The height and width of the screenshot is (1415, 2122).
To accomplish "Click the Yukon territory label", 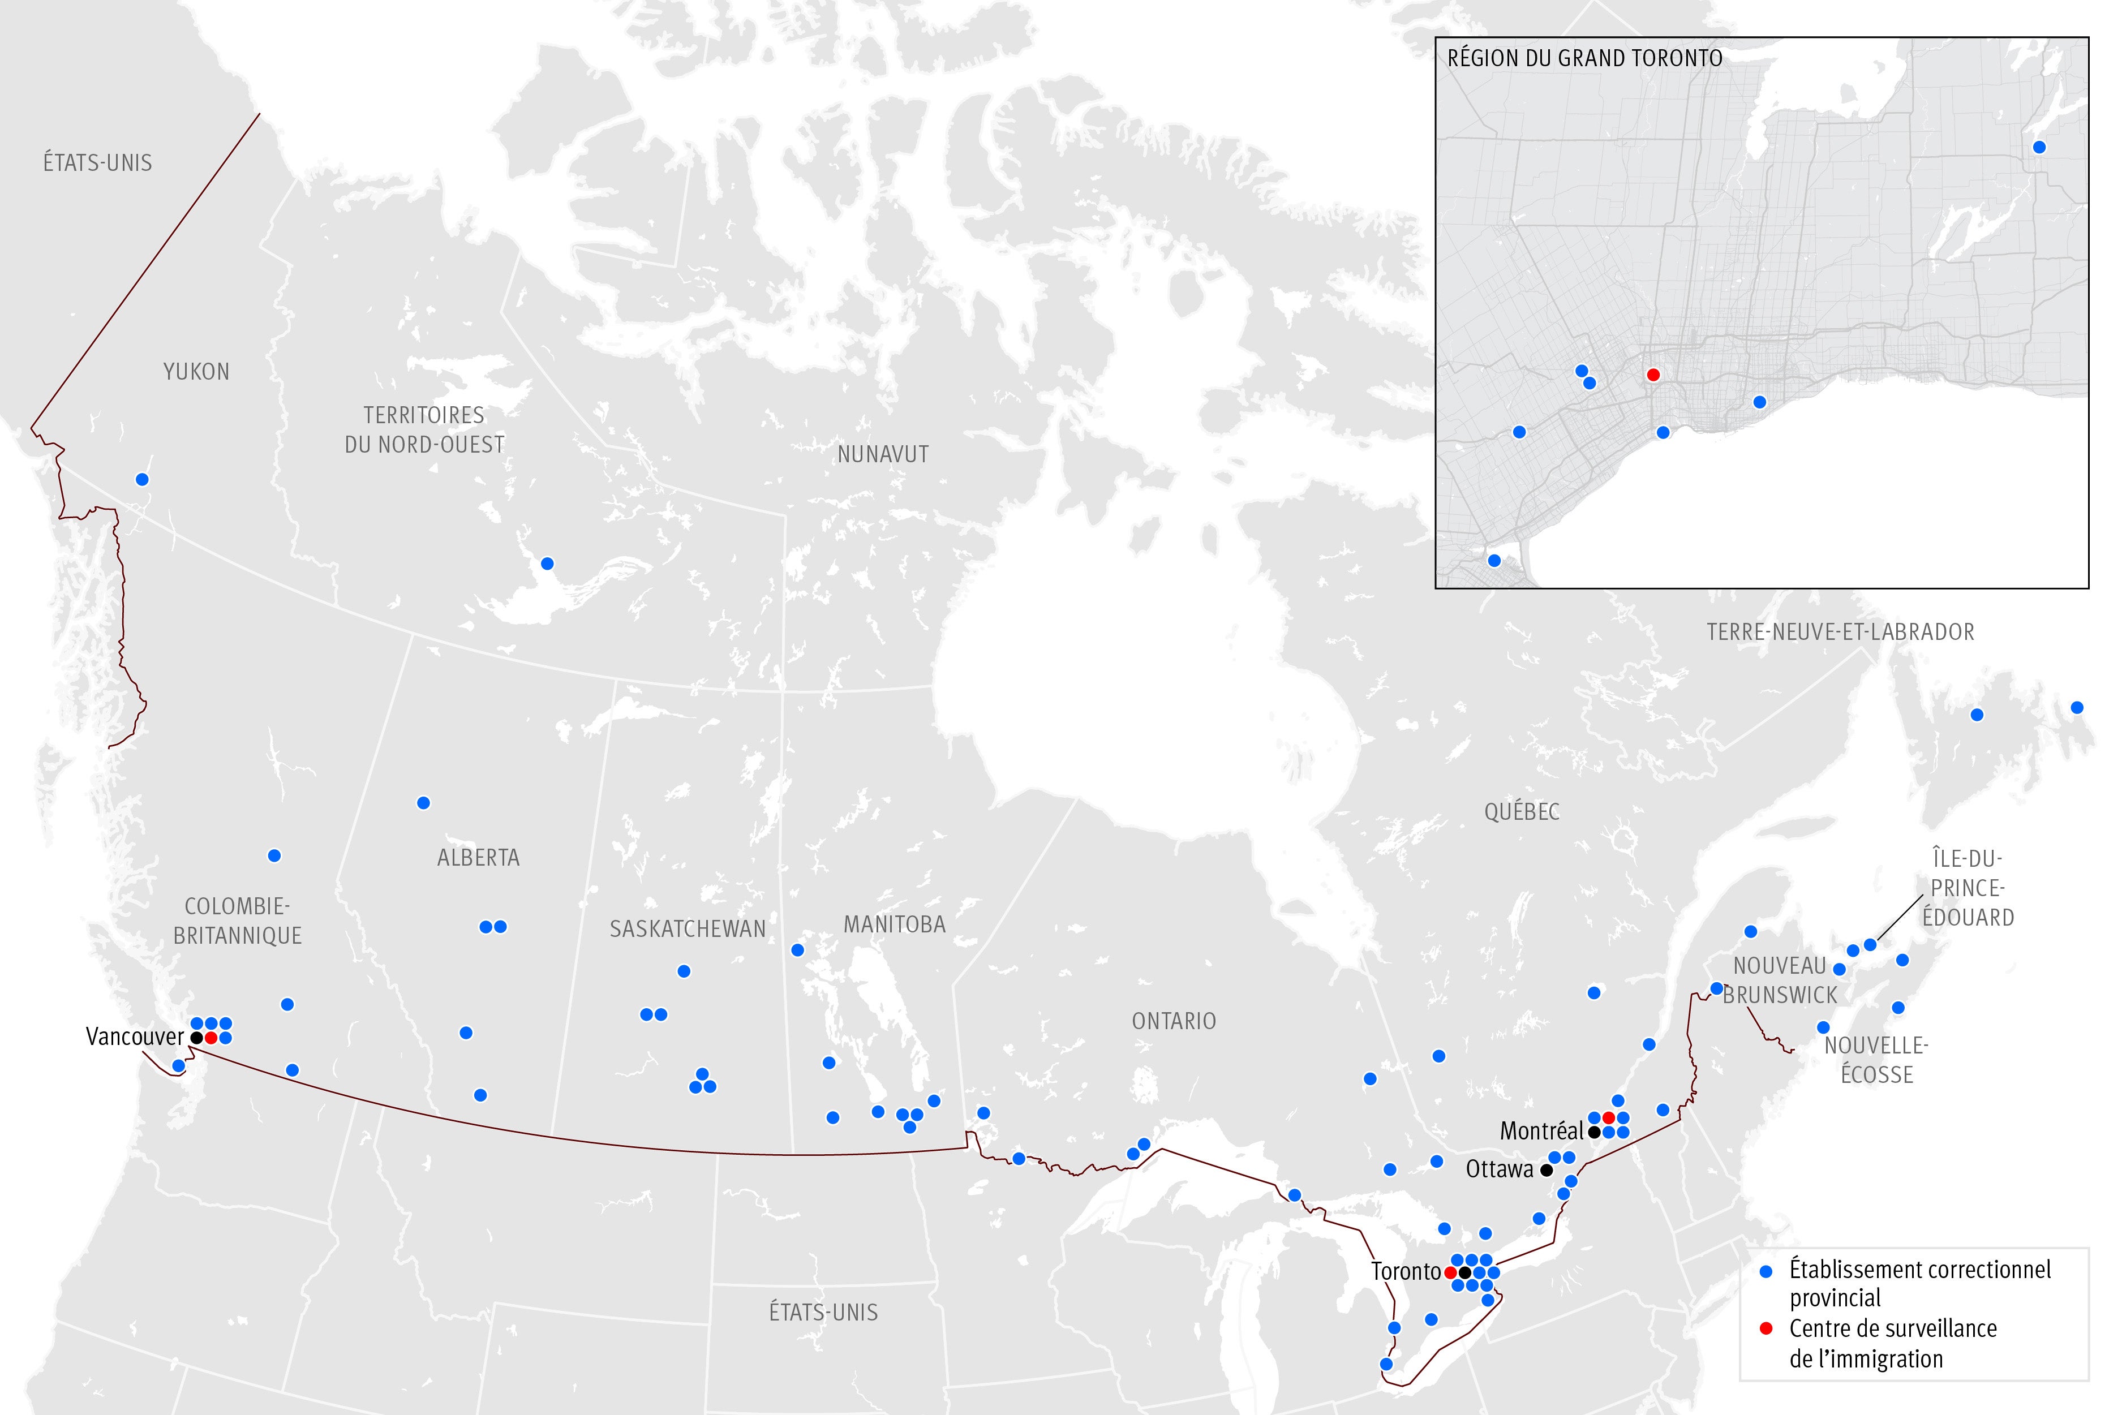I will pyautogui.click(x=196, y=372).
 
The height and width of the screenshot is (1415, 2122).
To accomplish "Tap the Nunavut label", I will pyautogui.click(x=883, y=455).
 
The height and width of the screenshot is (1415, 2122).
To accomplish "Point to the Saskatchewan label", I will pyautogui.click(x=687, y=928).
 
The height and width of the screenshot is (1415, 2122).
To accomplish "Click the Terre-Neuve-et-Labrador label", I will pyautogui.click(x=1840, y=632).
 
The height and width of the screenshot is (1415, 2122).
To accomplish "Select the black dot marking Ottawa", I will pyautogui.click(x=1546, y=1169).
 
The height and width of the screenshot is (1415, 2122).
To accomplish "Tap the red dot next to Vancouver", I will pyautogui.click(x=211, y=1038).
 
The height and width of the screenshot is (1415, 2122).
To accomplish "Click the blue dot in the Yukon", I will pyautogui.click(x=141, y=479).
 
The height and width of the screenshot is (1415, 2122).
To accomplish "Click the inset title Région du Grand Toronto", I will pyautogui.click(x=1584, y=59).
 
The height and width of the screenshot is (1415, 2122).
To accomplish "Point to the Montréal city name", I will pyautogui.click(x=1541, y=1131).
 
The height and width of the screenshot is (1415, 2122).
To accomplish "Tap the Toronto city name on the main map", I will pyautogui.click(x=1406, y=1271).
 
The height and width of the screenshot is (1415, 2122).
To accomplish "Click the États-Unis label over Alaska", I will pyautogui.click(x=97, y=164).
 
